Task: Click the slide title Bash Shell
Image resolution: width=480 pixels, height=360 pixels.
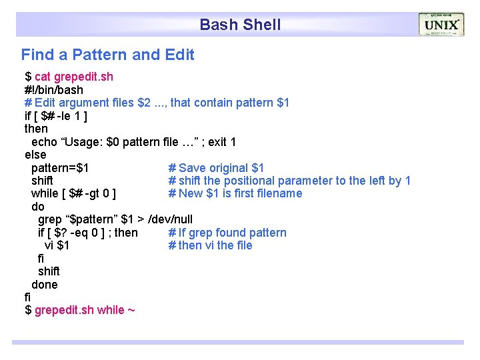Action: pyautogui.click(x=240, y=25)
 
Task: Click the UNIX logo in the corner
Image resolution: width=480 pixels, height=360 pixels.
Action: pyautogui.click(x=441, y=25)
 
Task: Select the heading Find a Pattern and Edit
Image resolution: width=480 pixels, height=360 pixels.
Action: pyautogui.click(x=107, y=55)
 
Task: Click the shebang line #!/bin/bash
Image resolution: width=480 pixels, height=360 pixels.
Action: pyautogui.click(x=54, y=89)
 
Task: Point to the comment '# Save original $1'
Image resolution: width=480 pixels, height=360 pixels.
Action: pyautogui.click(x=216, y=168)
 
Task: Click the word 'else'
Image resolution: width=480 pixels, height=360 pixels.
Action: pyautogui.click(x=35, y=155)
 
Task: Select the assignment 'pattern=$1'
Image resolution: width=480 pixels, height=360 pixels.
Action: pyautogui.click(x=60, y=168)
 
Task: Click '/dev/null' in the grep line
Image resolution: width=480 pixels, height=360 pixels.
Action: pyautogui.click(x=170, y=219)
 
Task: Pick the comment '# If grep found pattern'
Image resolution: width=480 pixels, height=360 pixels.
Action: pyautogui.click(x=227, y=233)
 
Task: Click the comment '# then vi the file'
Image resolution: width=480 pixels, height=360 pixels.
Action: pyautogui.click(x=210, y=245)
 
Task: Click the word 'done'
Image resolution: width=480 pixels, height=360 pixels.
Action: pyautogui.click(x=45, y=285)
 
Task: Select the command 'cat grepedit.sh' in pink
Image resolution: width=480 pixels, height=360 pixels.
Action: pyautogui.click(x=74, y=77)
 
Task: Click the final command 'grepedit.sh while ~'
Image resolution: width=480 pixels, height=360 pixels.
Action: pyautogui.click(x=85, y=310)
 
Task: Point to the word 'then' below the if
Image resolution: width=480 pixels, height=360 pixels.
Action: pyautogui.click(x=36, y=129)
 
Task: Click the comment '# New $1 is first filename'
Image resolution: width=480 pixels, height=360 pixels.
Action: pyautogui.click(x=235, y=193)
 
